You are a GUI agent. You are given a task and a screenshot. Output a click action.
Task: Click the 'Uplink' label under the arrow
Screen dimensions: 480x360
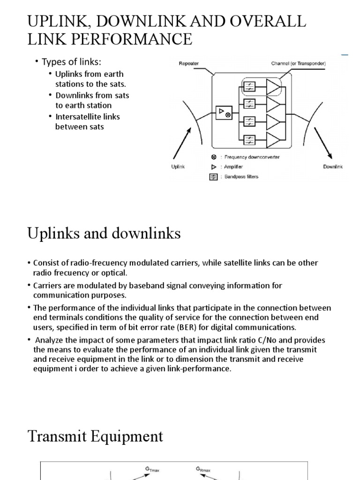(177, 166)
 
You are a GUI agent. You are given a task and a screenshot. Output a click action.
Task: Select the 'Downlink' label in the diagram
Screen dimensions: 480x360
(333, 166)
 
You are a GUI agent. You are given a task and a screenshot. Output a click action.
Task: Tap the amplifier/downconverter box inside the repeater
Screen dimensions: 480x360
(223, 112)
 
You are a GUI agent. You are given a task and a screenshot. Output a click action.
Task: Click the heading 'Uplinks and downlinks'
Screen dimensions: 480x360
(104, 233)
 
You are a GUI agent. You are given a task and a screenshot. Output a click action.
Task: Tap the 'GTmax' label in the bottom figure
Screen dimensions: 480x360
(153, 468)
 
